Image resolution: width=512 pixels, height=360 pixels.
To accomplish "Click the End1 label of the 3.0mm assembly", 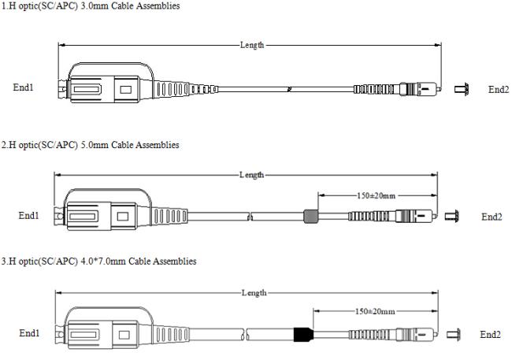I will pos(24,87).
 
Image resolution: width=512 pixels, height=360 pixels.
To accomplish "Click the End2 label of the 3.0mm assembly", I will pos(498,89).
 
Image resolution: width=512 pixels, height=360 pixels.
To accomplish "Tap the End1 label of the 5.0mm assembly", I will pos(29,215).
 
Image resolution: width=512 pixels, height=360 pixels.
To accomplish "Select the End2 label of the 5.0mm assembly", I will pos(492,217).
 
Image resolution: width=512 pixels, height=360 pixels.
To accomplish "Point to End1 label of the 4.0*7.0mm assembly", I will pos(29,334).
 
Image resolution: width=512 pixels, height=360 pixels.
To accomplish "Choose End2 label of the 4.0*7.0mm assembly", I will pos(490,335).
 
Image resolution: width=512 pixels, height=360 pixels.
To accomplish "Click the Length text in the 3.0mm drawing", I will pos(252,46).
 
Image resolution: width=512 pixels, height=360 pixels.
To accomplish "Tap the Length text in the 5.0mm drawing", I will pos(251,174).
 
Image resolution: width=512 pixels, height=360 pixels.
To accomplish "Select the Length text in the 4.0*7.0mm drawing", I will pos(254,292).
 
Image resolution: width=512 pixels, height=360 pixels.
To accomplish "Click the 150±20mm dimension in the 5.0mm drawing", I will pos(377,195).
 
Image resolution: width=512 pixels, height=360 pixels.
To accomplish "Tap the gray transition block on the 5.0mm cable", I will pos(310,215).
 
